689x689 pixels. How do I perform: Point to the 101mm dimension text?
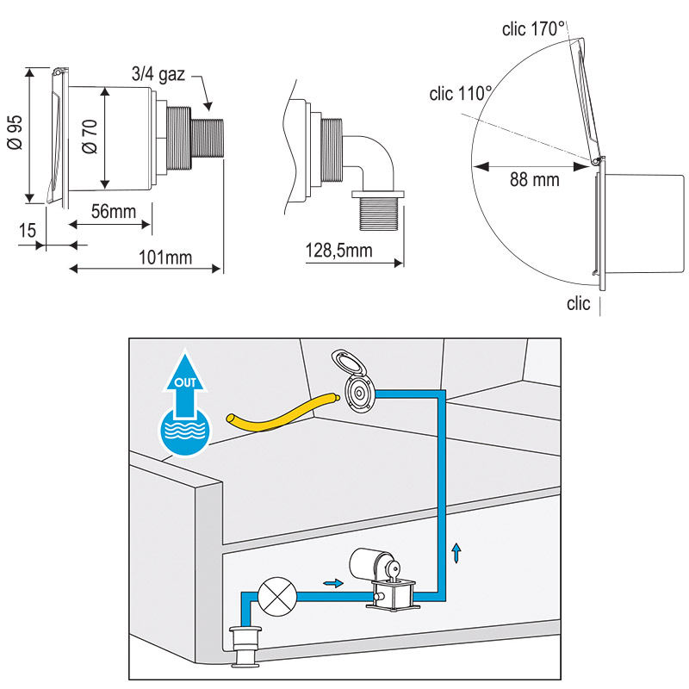click(165, 257)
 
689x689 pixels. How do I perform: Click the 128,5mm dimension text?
click(338, 251)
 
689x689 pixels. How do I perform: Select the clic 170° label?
click(533, 29)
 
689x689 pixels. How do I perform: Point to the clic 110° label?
click(461, 92)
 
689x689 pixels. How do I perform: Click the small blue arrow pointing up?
click(456, 551)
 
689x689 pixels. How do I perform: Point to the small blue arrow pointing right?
click(332, 583)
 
